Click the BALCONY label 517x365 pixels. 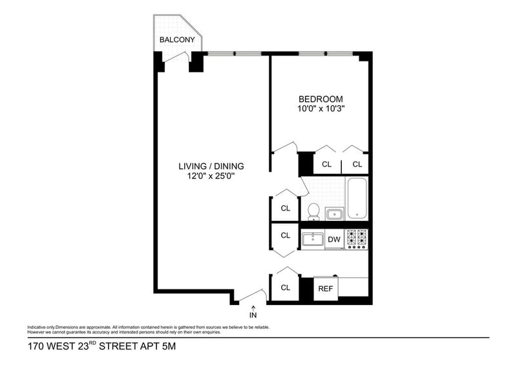(178, 39)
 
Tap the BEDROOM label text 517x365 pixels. (321, 99)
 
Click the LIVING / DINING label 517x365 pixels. (211, 166)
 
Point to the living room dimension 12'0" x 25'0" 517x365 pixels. (211, 176)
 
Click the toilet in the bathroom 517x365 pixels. (313, 211)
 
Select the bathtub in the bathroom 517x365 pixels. (357, 198)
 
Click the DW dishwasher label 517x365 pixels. (334, 240)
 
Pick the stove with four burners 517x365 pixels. (357, 239)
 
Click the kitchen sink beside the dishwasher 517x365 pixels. (313, 239)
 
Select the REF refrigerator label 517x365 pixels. (325, 289)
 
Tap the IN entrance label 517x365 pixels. (253, 315)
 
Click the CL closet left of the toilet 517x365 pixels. (285, 209)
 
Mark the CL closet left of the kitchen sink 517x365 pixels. (285, 236)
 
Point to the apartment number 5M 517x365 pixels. (167, 347)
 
